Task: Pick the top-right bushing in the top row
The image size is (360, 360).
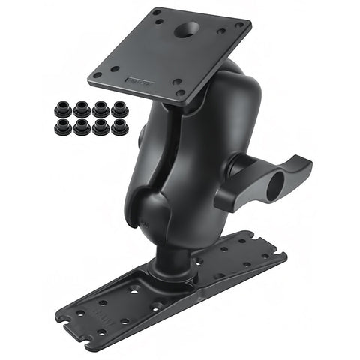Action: point(118,109)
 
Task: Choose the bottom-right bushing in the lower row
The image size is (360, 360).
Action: point(118,126)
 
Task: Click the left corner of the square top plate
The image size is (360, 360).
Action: point(91,76)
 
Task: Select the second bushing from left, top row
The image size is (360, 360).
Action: point(80,109)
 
